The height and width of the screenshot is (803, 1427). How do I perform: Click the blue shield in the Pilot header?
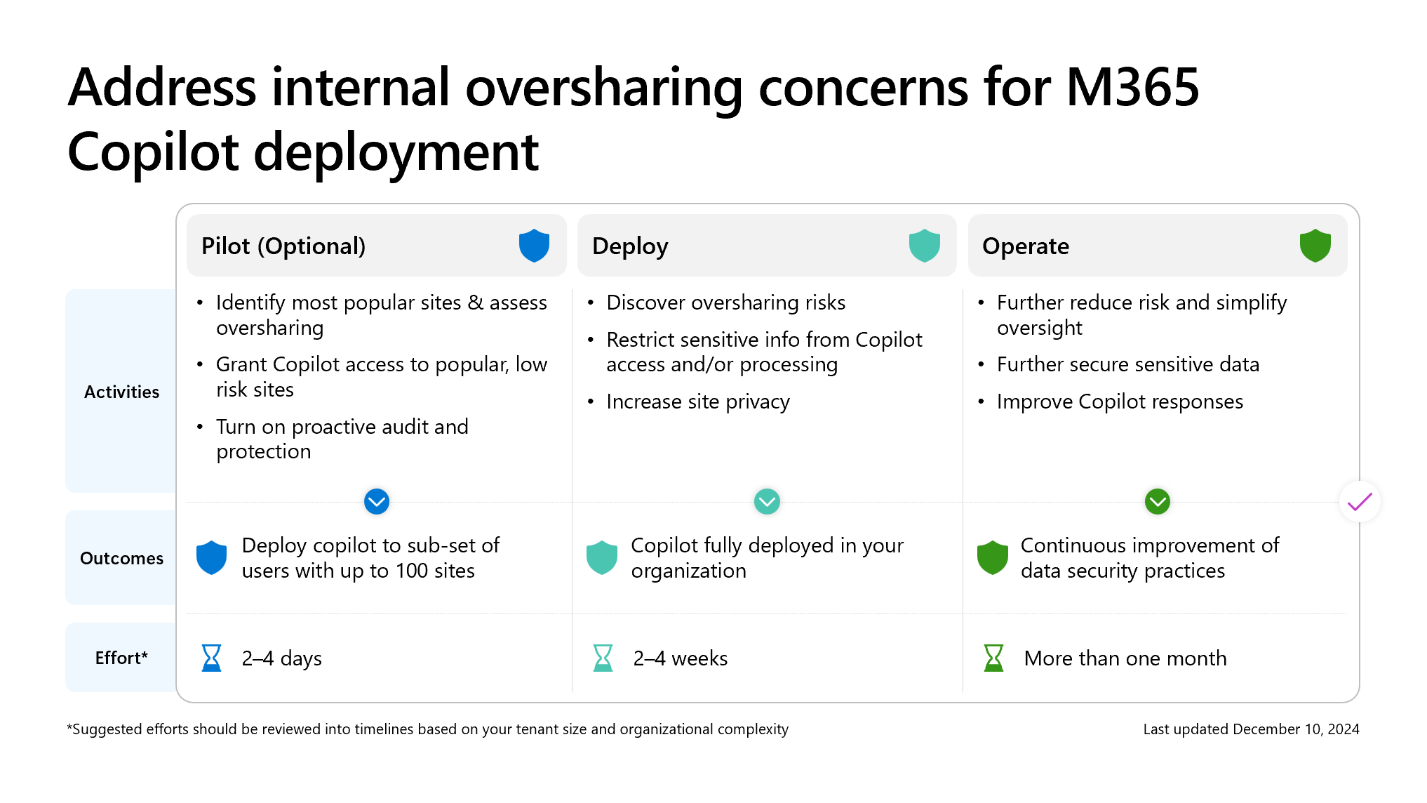pyautogui.click(x=534, y=246)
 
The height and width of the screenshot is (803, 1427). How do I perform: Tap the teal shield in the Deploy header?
pyautogui.click(x=924, y=246)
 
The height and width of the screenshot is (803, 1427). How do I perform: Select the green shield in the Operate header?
pyautogui.click(x=1315, y=246)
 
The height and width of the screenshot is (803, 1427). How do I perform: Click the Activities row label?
pyautogui.click(x=121, y=392)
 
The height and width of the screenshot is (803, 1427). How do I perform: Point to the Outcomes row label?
pyautogui.click(x=121, y=558)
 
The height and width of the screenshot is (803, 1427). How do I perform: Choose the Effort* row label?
pyautogui.click(x=121, y=658)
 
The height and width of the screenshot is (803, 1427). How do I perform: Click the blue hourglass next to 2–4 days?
pyautogui.click(x=211, y=658)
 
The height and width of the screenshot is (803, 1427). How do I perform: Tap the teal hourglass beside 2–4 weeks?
pyautogui.click(x=603, y=658)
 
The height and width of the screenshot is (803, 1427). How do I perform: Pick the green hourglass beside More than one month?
pyautogui.click(x=993, y=658)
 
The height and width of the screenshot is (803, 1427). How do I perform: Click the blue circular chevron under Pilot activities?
pyautogui.click(x=377, y=502)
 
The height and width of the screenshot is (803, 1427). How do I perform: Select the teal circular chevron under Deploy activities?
pyautogui.click(x=767, y=502)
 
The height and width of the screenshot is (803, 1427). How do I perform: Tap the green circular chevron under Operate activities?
pyautogui.click(x=1157, y=502)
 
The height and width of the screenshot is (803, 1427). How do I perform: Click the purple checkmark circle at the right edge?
pyautogui.click(x=1360, y=502)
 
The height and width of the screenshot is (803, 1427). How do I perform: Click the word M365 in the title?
pyautogui.click(x=1132, y=88)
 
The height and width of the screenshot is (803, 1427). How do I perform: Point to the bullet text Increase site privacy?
pyautogui.click(x=697, y=401)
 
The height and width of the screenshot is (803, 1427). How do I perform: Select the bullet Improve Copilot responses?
pyautogui.click(x=1119, y=401)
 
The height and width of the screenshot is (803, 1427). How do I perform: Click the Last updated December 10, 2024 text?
pyautogui.click(x=1250, y=729)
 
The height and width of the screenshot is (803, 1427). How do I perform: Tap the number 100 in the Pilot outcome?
pyautogui.click(x=411, y=571)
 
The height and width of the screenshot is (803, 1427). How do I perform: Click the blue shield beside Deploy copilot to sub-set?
pyautogui.click(x=211, y=558)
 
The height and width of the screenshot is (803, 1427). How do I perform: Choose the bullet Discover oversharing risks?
pyautogui.click(x=725, y=303)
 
